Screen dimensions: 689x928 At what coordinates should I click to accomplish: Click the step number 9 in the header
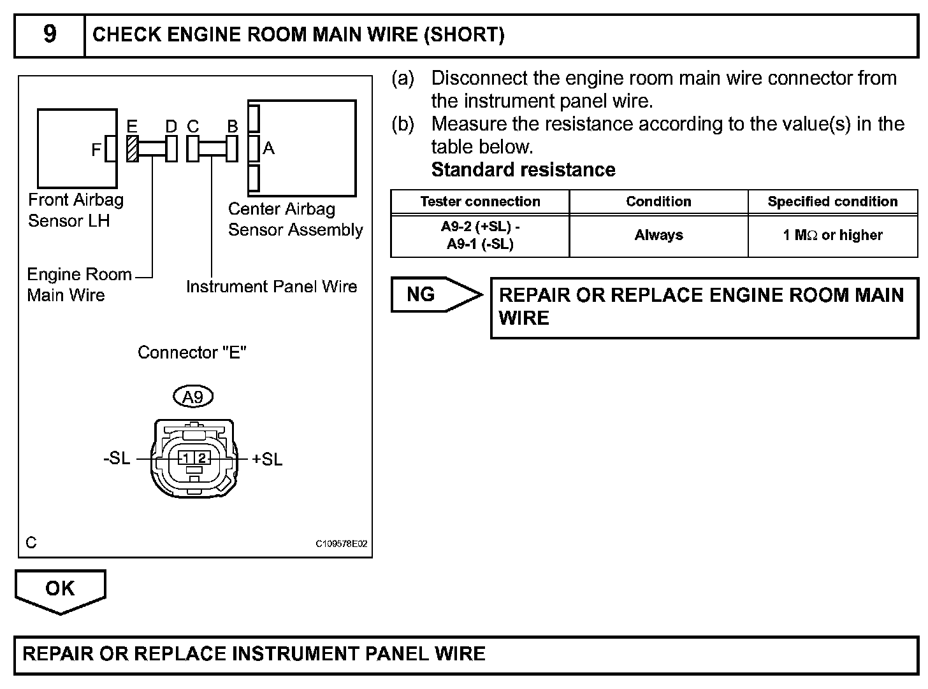tap(49, 34)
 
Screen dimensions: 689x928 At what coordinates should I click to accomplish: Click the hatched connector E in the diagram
tap(132, 149)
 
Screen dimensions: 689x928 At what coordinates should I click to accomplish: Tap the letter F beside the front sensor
tap(96, 150)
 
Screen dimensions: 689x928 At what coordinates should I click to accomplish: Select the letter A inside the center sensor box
tap(269, 148)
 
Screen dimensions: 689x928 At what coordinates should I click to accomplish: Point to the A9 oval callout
tap(192, 397)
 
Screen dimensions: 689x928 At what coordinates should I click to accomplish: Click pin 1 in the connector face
tap(185, 458)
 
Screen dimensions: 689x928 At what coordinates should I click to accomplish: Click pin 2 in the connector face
tap(201, 458)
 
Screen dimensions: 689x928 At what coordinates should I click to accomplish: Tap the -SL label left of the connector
tap(117, 458)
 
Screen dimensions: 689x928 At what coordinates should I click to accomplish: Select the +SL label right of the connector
tap(267, 459)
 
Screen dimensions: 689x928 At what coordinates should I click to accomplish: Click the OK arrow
tap(60, 590)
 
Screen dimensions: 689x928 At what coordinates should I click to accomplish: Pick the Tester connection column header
tap(480, 202)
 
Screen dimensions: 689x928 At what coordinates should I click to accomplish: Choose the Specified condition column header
tap(832, 202)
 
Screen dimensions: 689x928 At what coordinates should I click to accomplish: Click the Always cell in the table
tap(658, 236)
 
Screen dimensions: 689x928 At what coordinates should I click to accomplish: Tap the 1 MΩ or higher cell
tap(832, 236)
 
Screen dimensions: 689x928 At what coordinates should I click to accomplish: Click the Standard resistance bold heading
tap(523, 170)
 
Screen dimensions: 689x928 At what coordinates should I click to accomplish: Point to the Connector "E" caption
tap(192, 353)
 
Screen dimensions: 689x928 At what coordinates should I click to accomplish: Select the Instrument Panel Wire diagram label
tap(272, 287)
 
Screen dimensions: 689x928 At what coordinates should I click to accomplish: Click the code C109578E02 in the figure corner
tap(342, 544)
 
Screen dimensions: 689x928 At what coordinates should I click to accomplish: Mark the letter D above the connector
tap(171, 127)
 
